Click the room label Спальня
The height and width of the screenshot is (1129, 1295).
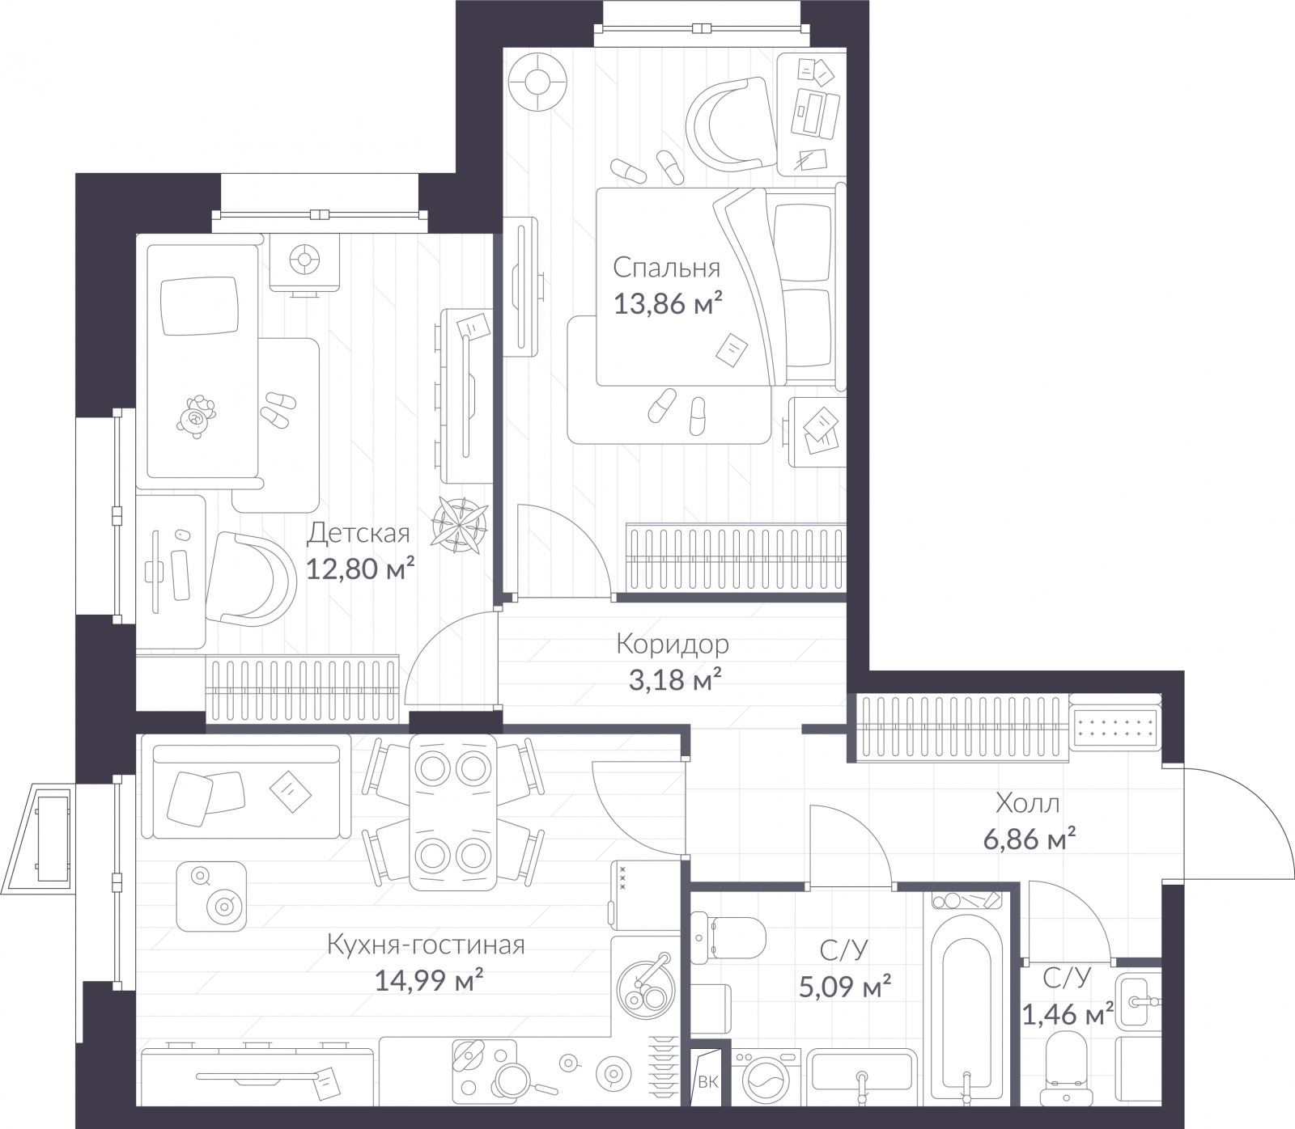pyautogui.click(x=666, y=268)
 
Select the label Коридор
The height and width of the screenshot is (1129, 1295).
pyautogui.click(x=673, y=645)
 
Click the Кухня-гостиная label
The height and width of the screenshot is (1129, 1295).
pyautogui.click(x=427, y=945)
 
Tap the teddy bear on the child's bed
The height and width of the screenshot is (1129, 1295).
pyautogui.click(x=196, y=417)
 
